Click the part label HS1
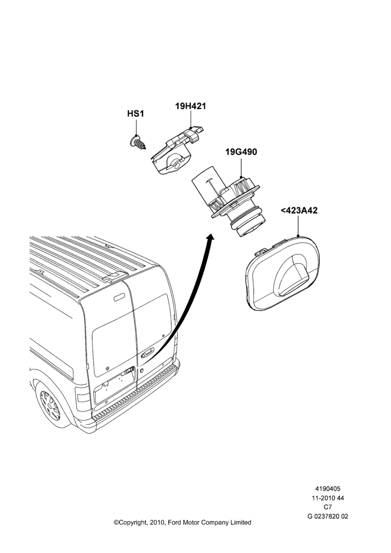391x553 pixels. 135,114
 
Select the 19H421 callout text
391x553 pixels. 191,106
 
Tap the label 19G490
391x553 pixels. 241,152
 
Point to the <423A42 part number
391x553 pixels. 299,210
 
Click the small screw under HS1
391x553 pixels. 138,142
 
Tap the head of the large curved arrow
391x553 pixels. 210,239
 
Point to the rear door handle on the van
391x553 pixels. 147,352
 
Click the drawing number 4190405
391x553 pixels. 327,489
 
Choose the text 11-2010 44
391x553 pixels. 327,498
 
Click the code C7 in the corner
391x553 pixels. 327,507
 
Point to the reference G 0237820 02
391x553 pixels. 327,517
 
